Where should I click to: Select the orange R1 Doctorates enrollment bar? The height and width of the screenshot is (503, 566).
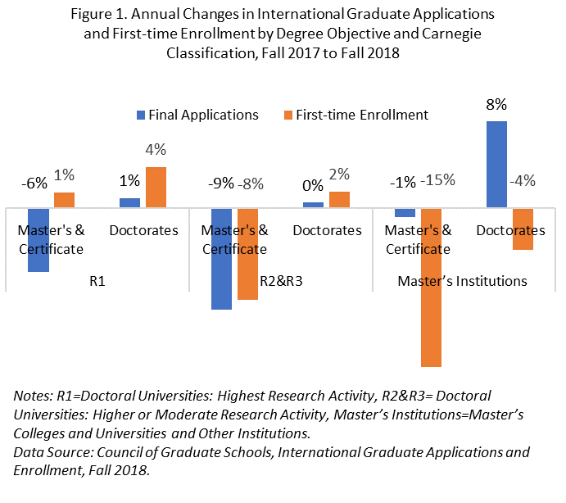coord(156,188)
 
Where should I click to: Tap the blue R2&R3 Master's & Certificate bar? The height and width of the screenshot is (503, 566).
coord(221,259)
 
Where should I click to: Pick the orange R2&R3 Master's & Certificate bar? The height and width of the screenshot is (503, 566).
coord(247,254)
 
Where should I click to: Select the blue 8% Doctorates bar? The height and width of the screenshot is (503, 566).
coord(496,165)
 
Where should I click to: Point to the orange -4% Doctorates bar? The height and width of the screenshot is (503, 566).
coord(523,229)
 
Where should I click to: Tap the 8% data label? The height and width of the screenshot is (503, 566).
coord(496,104)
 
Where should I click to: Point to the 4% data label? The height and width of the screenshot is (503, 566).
coord(156,150)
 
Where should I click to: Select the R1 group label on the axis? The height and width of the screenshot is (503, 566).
coord(97,280)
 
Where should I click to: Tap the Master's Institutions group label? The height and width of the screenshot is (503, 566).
coord(462,280)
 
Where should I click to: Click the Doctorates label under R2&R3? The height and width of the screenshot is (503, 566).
coord(327,230)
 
